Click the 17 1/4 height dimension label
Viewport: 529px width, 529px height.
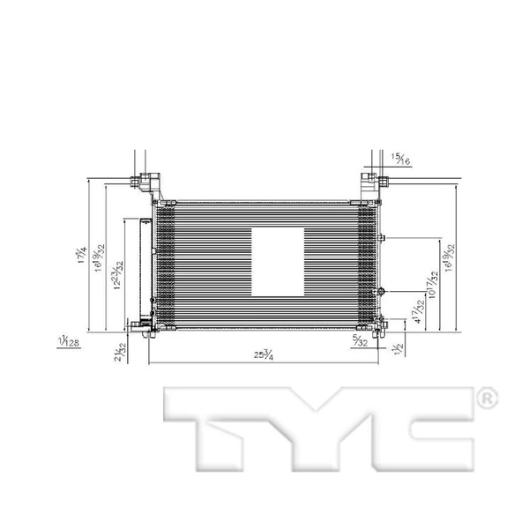pyautogui.click(x=80, y=257)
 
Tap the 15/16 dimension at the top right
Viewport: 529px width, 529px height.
pyautogui.click(x=401, y=159)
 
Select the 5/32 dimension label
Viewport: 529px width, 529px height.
pyautogui.click(x=360, y=339)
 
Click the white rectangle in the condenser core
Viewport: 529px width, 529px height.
pyautogui.click(x=278, y=262)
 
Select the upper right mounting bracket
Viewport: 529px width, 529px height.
pyautogui.click(x=374, y=186)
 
